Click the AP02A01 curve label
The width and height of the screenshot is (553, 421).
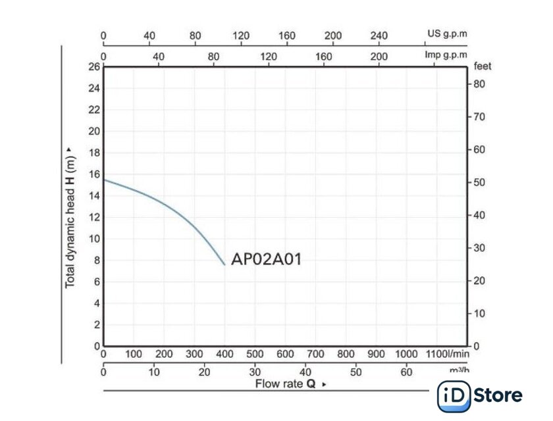[x=266, y=259]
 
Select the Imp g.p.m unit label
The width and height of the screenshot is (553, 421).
[x=446, y=55]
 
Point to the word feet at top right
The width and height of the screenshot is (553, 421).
[x=483, y=66]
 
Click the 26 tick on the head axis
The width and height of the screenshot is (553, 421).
[x=93, y=66]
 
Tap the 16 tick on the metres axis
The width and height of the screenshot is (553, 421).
[x=93, y=174]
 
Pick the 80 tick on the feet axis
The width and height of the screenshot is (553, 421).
[x=480, y=84]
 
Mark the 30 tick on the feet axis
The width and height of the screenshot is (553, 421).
[x=480, y=248]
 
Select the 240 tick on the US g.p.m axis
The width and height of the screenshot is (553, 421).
[x=380, y=36]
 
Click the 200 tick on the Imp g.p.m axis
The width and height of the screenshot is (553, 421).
[x=379, y=56]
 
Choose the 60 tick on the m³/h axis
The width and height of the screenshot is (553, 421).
[x=407, y=372]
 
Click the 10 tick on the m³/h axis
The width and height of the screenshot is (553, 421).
[x=154, y=372]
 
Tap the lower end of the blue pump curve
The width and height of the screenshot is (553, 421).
[x=224, y=264]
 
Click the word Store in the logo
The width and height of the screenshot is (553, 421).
[x=498, y=395]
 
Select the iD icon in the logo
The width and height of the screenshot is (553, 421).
[x=452, y=396]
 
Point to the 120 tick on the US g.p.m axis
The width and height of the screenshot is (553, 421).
[x=241, y=36]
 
